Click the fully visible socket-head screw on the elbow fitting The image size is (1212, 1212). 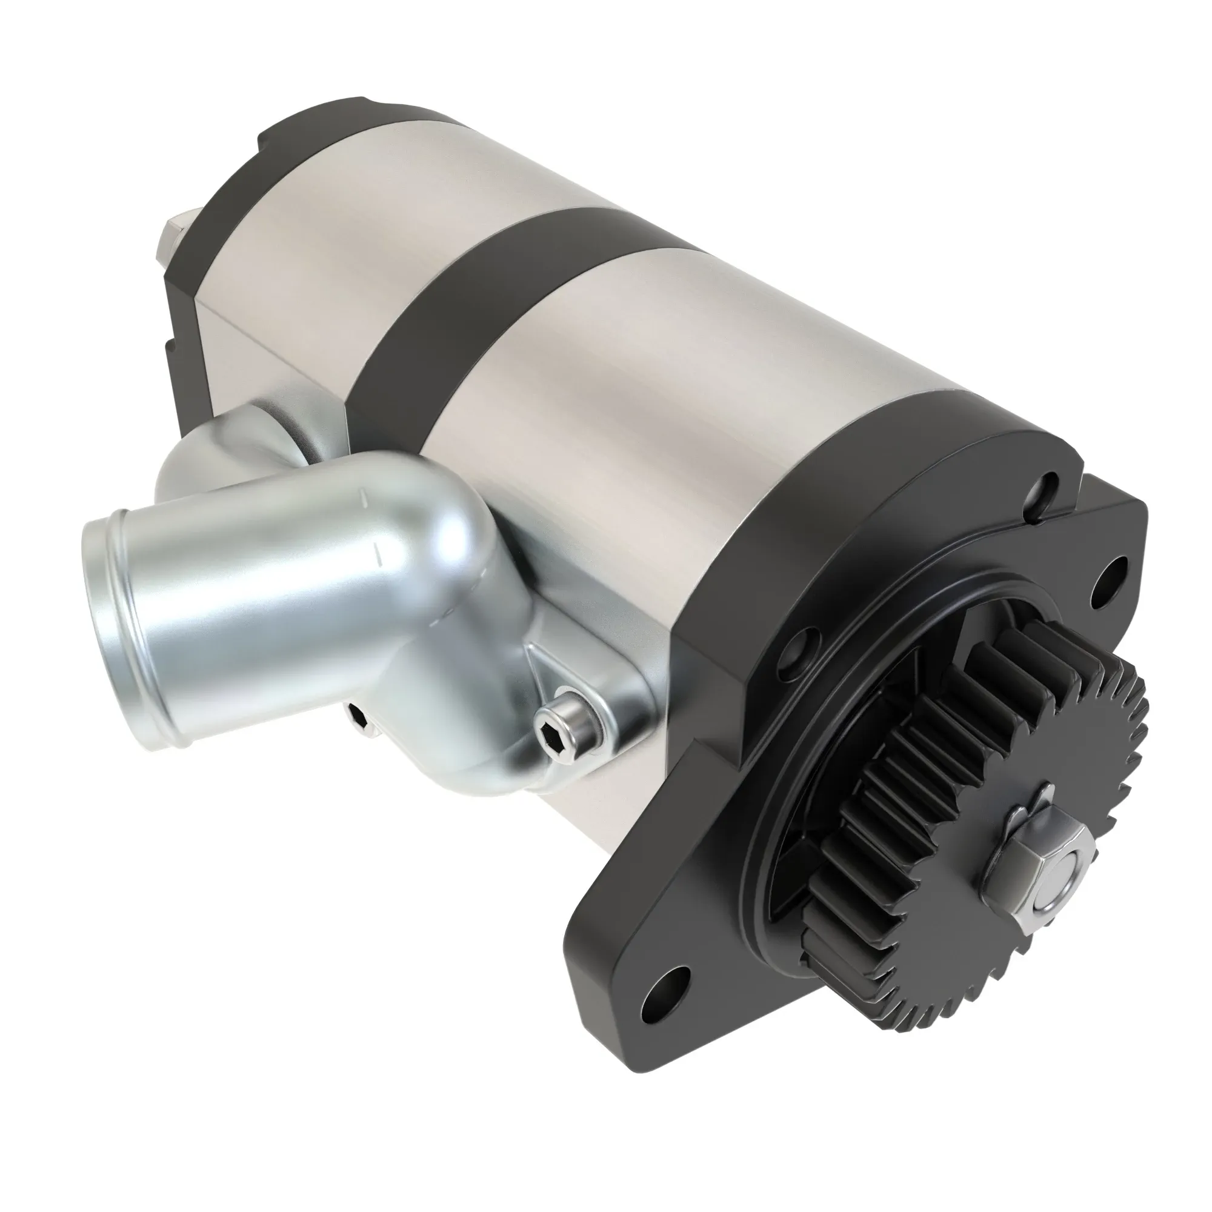(568, 731)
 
